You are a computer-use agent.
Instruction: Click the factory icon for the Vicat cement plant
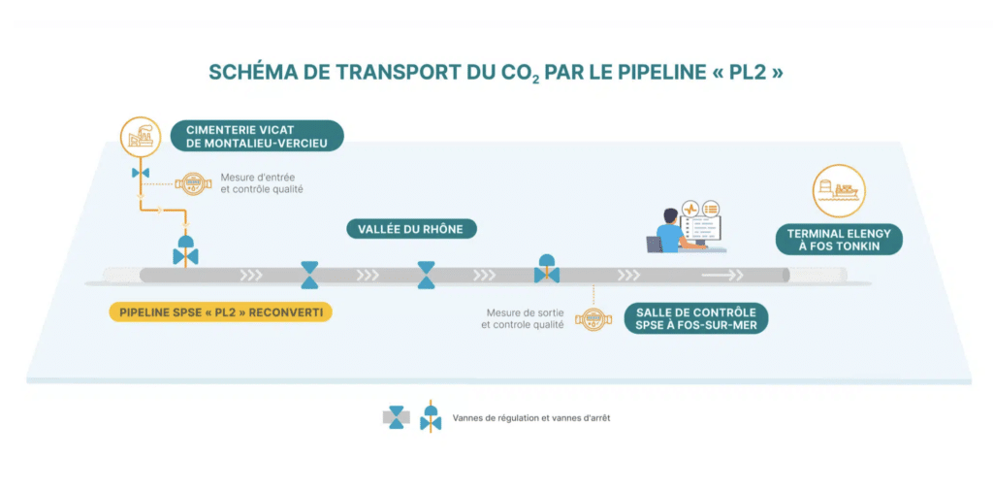pos(141,137)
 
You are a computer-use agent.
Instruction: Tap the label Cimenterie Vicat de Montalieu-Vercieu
pos(257,136)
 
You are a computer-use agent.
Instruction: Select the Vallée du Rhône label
pos(411,229)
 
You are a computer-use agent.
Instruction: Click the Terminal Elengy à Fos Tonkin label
pos(839,240)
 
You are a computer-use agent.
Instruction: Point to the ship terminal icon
pos(839,191)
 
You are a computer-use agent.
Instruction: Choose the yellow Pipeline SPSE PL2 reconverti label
pos(220,311)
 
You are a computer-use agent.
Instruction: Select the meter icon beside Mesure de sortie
pos(593,318)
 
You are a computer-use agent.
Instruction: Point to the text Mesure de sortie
pos(525,313)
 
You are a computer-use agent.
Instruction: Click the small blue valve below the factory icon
pos(141,173)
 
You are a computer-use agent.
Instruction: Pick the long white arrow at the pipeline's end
pos(721,275)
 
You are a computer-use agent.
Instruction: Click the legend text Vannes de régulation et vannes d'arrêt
pos(531,418)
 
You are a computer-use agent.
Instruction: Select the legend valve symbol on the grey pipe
pos(396,417)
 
